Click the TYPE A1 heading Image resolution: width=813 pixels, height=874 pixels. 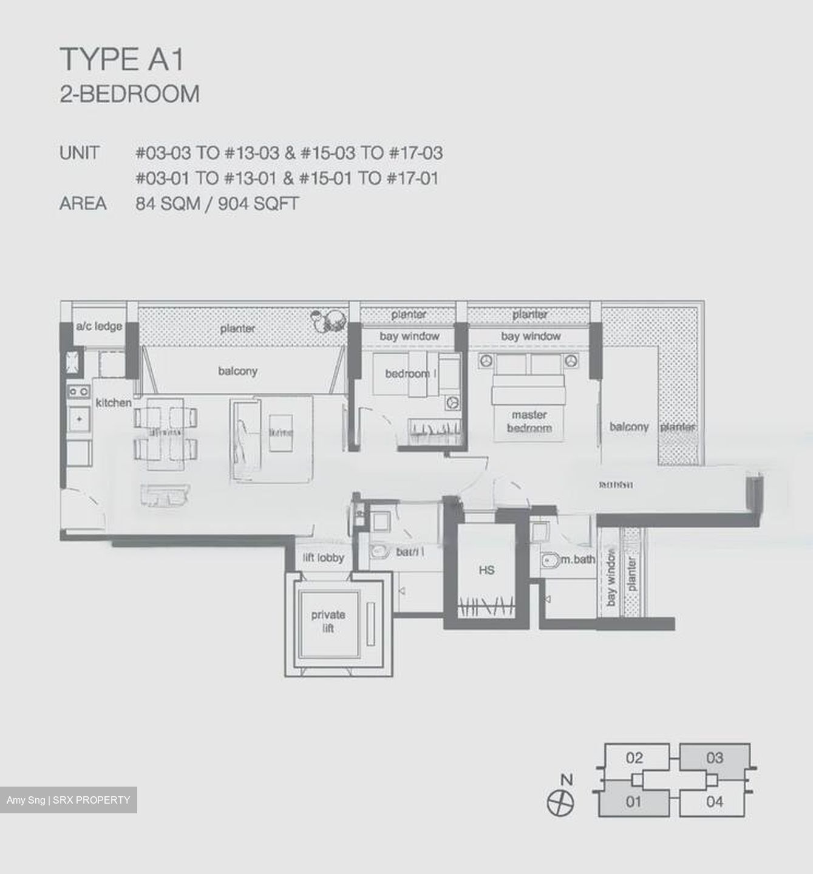pyautogui.click(x=122, y=59)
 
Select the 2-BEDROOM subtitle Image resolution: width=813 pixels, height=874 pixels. pyautogui.click(x=129, y=95)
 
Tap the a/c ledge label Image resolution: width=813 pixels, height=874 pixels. pyautogui.click(x=98, y=327)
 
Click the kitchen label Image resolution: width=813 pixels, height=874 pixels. pyautogui.click(x=113, y=402)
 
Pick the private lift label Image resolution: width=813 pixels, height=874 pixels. pyautogui.click(x=328, y=621)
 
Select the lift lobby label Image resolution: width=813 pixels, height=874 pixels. pyautogui.click(x=323, y=557)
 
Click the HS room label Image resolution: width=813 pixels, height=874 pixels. pyautogui.click(x=486, y=570)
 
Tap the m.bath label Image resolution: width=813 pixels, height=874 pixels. pyautogui.click(x=577, y=560)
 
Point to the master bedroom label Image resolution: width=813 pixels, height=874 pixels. pyautogui.click(x=529, y=421)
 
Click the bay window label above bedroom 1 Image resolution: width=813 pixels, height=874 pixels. pyautogui.click(x=409, y=336)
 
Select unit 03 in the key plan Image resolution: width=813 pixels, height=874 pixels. pyautogui.click(x=715, y=757)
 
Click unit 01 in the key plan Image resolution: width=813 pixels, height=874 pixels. pyautogui.click(x=633, y=802)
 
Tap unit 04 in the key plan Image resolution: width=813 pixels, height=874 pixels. pyautogui.click(x=715, y=802)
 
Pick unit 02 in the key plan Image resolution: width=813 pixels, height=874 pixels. pyautogui.click(x=634, y=757)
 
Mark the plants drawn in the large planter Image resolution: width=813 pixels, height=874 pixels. pyautogui.click(x=327, y=320)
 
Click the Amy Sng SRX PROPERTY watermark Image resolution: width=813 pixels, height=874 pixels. pyautogui.click(x=68, y=800)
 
